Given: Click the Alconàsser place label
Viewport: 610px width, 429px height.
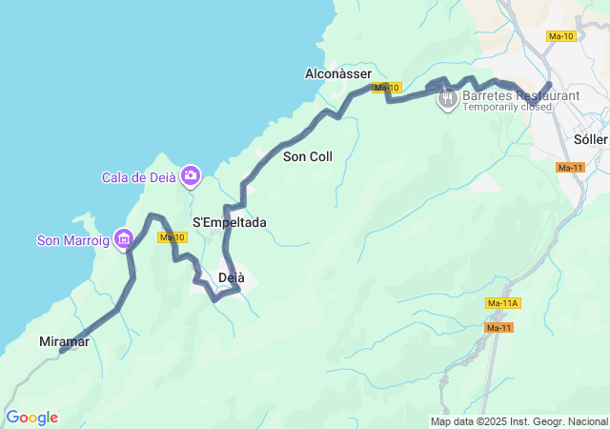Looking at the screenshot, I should click(337, 73).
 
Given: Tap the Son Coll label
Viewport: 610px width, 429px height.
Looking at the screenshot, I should click(308, 156).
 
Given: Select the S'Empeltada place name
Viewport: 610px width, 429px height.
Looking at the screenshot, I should click(230, 222).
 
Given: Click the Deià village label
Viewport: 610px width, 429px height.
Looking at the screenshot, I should click(232, 277).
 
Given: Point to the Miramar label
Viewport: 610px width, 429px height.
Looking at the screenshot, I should click(65, 341).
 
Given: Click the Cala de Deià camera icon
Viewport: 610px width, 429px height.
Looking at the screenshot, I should click(191, 174).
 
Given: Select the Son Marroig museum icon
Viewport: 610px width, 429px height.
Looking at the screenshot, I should click(122, 238).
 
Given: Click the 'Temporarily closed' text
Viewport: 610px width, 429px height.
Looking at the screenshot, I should click(508, 108).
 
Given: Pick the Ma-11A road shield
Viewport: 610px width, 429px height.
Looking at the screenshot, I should click(502, 303).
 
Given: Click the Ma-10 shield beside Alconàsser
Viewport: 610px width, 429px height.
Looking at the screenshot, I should click(386, 88).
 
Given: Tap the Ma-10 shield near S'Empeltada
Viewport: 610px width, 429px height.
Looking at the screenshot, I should click(172, 237).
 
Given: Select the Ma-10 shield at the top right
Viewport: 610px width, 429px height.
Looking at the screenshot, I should click(561, 36).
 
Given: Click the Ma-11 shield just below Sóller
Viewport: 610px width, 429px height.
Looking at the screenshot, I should click(570, 168).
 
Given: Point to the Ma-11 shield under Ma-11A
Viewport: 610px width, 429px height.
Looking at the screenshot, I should click(498, 328).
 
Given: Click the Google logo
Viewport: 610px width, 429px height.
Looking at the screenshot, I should click(31, 418).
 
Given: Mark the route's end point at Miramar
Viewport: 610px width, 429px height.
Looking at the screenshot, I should click(62, 351).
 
